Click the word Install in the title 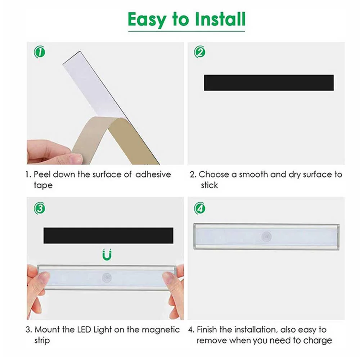tap(220, 19)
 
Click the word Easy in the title tap(147, 20)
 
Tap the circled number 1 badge tap(40, 52)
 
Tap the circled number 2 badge tap(199, 52)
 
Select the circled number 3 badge tap(40, 208)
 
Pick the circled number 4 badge tap(199, 208)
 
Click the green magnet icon tap(107, 255)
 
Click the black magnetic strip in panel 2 tap(269, 83)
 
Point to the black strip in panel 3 tap(108, 235)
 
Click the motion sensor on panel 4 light tap(266, 237)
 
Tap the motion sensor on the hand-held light tap(107, 278)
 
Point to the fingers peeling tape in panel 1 tap(55, 152)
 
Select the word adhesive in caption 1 tap(153, 175)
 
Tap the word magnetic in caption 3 tap(161, 330)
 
